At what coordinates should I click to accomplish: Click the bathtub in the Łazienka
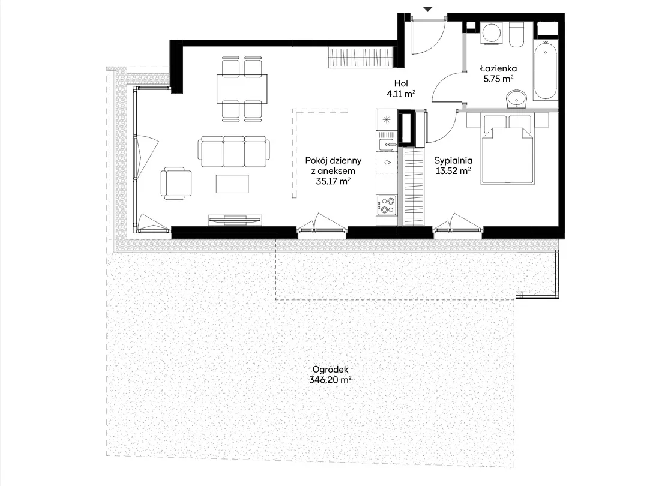(x=545, y=70)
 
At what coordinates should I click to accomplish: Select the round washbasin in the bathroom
(x=516, y=99)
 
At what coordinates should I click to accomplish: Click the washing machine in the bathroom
(x=492, y=32)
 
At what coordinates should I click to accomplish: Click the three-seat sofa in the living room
(x=233, y=152)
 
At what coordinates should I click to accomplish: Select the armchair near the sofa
(x=176, y=183)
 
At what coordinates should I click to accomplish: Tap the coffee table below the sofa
(x=232, y=184)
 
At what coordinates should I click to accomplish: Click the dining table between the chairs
(x=242, y=89)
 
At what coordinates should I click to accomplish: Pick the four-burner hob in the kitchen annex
(x=387, y=205)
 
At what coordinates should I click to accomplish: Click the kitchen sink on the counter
(x=387, y=145)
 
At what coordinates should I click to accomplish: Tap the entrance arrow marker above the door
(x=428, y=9)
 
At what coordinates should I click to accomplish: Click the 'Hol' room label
(x=401, y=84)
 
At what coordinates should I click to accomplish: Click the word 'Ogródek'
(x=330, y=370)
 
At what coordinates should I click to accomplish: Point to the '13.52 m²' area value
(x=453, y=170)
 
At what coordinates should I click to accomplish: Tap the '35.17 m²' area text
(x=333, y=181)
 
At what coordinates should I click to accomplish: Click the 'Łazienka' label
(x=498, y=68)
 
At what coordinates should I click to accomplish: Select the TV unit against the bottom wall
(x=235, y=220)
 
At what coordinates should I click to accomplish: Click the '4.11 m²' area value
(x=401, y=94)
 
